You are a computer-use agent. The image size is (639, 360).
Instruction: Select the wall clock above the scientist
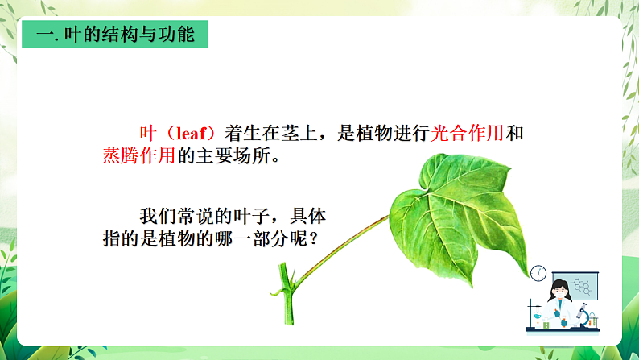(538, 273)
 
